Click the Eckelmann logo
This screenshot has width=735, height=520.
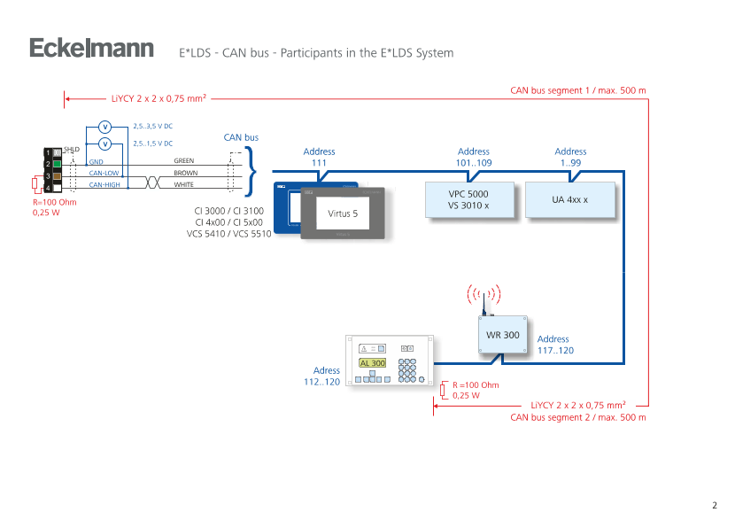click(x=92, y=48)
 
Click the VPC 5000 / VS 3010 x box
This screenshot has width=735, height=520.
click(x=468, y=199)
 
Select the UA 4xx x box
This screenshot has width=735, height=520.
click(x=570, y=199)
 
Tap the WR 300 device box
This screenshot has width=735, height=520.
click(x=503, y=335)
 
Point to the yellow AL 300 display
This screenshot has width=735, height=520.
click(x=372, y=363)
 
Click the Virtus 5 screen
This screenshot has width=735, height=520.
click(x=343, y=213)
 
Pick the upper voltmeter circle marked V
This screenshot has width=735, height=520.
click(x=104, y=126)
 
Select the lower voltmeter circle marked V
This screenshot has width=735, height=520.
click(x=104, y=144)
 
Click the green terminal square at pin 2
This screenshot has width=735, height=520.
click(x=57, y=164)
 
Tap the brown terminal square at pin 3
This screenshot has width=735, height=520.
click(x=57, y=176)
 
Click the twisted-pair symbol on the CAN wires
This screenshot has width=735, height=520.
click(x=152, y=181)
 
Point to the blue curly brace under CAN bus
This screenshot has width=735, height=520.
click(x=251, y=166)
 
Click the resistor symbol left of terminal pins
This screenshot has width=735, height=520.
click(x=34, y=184)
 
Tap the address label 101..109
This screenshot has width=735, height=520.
click(x=474, y=158)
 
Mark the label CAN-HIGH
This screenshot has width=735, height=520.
click(x=104, y=185)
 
